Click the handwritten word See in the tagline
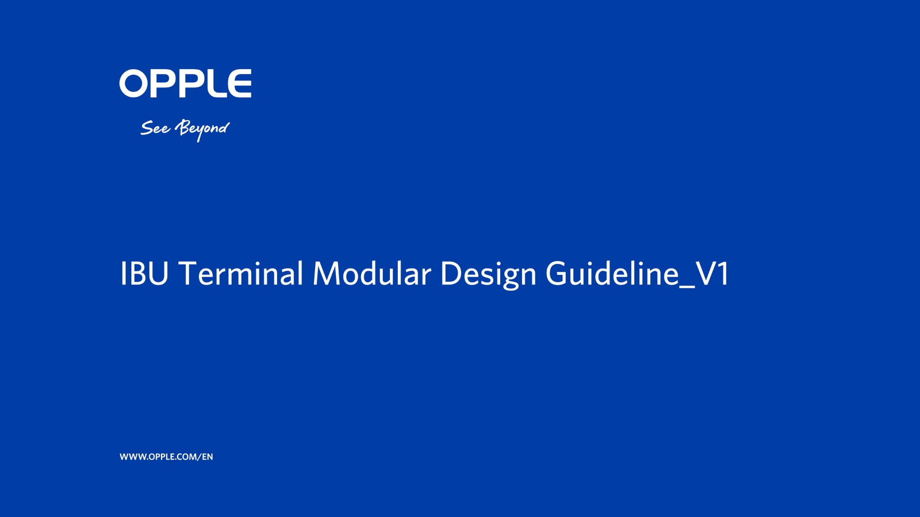pos(155,128)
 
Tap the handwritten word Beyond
pos(202,130)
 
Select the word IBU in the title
pos(144,273)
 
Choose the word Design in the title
pos(488,275)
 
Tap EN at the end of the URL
pos(208,457)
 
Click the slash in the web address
pos(200,457)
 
